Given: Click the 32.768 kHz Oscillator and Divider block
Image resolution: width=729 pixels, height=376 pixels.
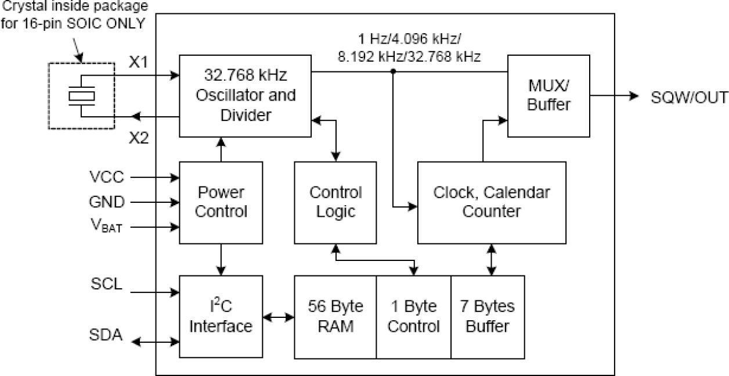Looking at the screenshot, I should coord(245,96).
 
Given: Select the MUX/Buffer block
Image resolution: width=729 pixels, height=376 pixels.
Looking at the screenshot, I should coord(548,96).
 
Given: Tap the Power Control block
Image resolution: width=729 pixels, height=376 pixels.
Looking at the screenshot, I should coord(221,202).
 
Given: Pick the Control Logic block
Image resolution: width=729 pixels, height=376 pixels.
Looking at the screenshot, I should coord(335,202).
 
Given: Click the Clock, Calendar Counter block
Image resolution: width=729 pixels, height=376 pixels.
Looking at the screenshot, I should coord(492,202).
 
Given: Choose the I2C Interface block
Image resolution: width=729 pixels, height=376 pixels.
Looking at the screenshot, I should coord(221,317).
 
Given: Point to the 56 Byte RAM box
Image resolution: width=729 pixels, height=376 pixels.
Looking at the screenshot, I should coord(335,317).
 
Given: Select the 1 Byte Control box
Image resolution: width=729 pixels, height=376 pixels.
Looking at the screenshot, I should coord(413,317).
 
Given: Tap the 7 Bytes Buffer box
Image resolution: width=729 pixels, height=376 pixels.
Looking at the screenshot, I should coord(488,317).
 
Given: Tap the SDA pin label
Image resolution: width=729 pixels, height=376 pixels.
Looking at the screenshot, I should coord(106,335).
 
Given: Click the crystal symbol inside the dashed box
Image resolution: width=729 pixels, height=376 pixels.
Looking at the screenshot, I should coord(81,95).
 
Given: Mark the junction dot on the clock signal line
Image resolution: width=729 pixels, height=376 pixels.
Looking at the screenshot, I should coord(394,71).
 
